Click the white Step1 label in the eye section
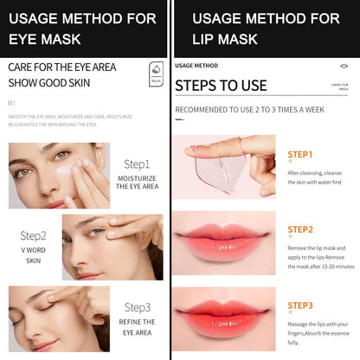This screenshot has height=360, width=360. click(137, 164)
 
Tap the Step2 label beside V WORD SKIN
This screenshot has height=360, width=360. click(34, 235)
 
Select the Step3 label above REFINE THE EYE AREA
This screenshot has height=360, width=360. click(137, 307)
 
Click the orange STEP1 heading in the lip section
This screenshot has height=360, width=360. click(299, 155)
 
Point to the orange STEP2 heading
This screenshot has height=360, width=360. click(299, 229)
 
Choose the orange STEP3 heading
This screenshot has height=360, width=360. click(299, 305)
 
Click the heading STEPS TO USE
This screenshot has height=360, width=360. click(221, 86)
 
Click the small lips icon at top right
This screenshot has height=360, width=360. click(344, 65)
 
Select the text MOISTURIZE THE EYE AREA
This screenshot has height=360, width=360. click(137, 182)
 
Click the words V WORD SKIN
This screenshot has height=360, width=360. click(34, 254)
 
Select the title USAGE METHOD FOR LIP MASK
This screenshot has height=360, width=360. click(266, 29)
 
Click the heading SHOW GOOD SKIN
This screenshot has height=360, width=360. click(50, 83)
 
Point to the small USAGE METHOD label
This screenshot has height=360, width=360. click(196, 65)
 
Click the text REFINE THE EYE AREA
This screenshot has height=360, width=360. click(137, 325)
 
